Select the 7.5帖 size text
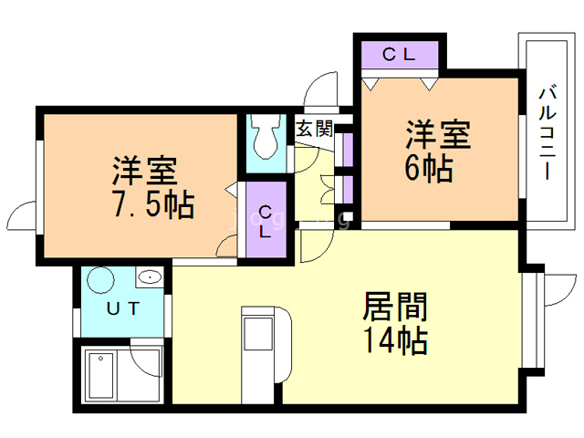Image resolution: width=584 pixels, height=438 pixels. (x=152, y=205)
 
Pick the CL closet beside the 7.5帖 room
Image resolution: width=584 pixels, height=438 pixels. (x=265, y=223)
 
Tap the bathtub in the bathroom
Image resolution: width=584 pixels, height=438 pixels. (x=108, y=374)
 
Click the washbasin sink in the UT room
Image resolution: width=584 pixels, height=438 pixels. (x=148, y=276)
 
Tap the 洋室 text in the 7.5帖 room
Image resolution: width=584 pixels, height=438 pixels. (x=144, y=170)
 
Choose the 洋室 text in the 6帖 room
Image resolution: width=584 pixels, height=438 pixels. (x=438, y=135)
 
